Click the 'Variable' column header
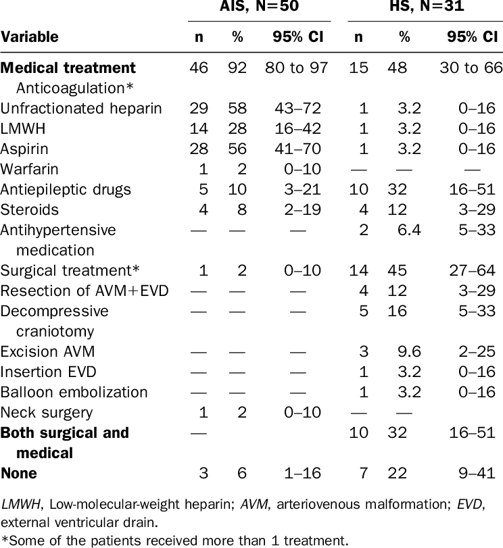[29, 36]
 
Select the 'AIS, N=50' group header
[259, 6]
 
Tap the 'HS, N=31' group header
[427, 6]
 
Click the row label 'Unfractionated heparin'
[81, 109]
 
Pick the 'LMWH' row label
[23, 128]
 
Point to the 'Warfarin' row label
[29, 169]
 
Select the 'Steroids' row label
[29, 209]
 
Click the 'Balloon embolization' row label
[74, 392]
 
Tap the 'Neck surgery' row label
[47, 413]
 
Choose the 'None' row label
[19, 473]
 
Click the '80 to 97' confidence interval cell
[296, 68]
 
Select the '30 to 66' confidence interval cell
[471, 68]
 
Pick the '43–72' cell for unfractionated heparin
[297, 108]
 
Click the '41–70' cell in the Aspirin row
[297, 149]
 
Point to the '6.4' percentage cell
[409, 230]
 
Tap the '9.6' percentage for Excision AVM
[409, 351]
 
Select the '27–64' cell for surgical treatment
[472, 270]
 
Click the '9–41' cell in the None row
[477, 473]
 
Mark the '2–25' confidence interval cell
[477, 351]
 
